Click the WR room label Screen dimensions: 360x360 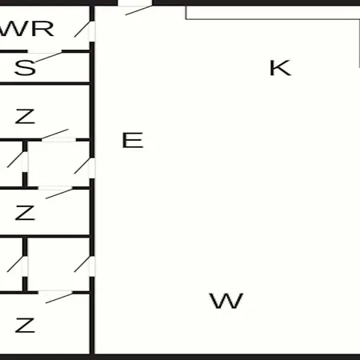click(x=26, y=29)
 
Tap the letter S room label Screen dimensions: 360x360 click(x=25, y=67)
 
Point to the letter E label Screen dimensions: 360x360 click(x=133, y=140)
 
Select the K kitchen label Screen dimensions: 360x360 click(x=280, y=68)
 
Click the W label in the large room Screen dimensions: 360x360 click(x=226, y=301)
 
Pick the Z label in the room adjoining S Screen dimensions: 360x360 click(x=25, y=116)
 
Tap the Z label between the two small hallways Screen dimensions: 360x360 click(x=25, y=213)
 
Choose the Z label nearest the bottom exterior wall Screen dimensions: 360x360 click(x=25, y=325)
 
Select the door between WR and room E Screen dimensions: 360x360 click(x=85, y=30)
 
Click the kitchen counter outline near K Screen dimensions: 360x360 click(x=273, y=19)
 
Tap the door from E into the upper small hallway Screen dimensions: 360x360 click(x=85, y=168)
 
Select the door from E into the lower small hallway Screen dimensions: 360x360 click(x=85, y=266)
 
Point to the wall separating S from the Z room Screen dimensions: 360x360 click(x=45, y=84)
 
